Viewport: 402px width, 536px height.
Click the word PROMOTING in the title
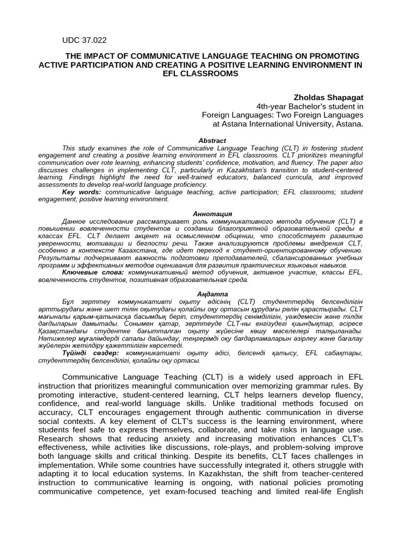pos(333,56)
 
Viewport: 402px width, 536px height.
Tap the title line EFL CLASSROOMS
pos(200,74)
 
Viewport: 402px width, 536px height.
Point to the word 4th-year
pos(265,106)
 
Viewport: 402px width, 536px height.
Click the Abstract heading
pos(212,140)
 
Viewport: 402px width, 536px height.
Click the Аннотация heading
pos(212,214)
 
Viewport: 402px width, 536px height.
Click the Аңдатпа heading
pos(212,294)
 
